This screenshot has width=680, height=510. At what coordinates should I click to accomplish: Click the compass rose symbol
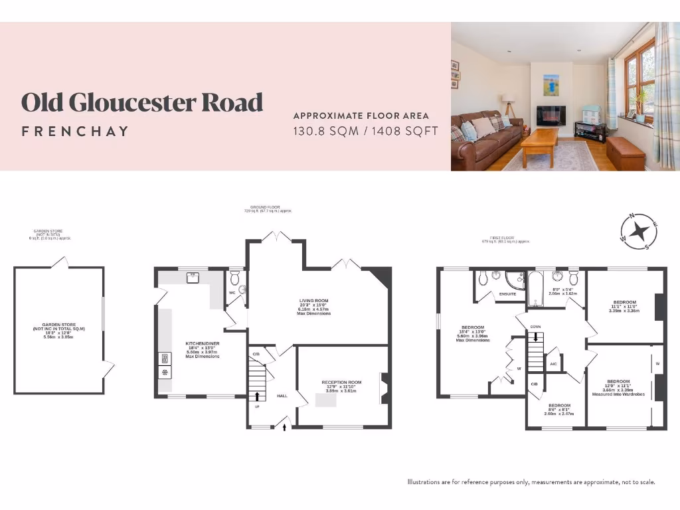tap(639, 232)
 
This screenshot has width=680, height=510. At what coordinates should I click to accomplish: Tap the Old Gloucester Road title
tap(142, 103)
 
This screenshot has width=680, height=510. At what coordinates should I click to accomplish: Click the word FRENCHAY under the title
tap(74, 131)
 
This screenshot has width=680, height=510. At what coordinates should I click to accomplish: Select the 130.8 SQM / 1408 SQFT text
tap(365, 131)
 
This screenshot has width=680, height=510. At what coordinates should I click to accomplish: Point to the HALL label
tap(282, 395)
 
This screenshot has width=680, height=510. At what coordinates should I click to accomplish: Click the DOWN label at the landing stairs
tap(535, 327)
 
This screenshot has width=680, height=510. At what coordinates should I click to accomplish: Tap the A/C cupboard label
tap(553, 363)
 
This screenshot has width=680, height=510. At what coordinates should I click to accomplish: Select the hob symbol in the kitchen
tap(164, 372)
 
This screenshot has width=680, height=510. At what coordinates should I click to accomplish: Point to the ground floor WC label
tap(232, 292)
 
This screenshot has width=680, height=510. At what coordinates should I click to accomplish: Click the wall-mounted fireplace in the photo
tap(551, 115)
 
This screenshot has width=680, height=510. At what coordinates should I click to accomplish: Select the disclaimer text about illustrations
tap(531, 481)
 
